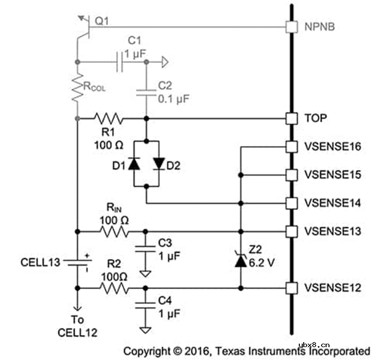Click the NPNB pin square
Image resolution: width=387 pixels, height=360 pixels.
click(291, 27)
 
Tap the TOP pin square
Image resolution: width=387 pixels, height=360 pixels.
click(291, 119)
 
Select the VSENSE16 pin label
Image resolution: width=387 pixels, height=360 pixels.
click(332, 147)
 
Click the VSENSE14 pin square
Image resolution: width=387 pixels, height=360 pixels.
click(291, 204)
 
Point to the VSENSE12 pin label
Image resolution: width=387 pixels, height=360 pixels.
click(332, 288)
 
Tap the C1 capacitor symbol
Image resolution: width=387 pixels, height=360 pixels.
click(120, 62)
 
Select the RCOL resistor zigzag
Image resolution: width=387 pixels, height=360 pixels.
click(77, 88)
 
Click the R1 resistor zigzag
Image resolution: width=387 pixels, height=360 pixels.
click(109, 119)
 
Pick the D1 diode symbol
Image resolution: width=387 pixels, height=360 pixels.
click(134, 163)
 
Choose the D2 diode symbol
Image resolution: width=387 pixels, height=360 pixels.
click(159, 163)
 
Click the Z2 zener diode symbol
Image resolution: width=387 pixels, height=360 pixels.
click(241, 259)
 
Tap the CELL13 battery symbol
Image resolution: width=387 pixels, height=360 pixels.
click(77, 262)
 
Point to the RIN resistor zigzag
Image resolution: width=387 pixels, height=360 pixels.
click(114, 232)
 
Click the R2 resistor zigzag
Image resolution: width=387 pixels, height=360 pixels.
click(114, 288)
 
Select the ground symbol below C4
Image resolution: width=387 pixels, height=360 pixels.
click(145, 330)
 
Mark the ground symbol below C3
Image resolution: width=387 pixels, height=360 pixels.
click(145, 274)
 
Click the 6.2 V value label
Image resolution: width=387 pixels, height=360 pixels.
click(262, 263)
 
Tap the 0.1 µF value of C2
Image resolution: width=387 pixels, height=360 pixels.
click(173, 99)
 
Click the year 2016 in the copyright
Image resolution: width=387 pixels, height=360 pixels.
click(197, 351)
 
